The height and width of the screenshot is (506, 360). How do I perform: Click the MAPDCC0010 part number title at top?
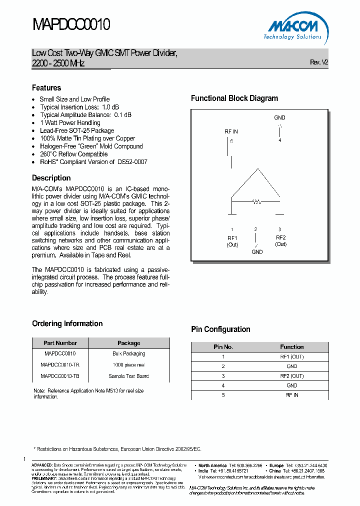tap(71, 25)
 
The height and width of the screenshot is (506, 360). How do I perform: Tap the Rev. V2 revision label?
tap(319, 62)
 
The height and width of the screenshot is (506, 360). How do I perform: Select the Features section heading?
tap(46, 87)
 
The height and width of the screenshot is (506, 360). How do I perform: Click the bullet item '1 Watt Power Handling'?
tap(70, 122)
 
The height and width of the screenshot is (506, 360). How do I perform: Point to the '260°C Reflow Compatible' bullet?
tap(73, 154)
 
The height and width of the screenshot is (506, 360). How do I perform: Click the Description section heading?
tap(51, 178)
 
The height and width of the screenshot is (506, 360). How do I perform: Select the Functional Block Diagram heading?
tap(234, 98)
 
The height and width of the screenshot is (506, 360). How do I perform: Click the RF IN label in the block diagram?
tap(231, 131)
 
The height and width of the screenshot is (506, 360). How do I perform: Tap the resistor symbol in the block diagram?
tap(256, 202)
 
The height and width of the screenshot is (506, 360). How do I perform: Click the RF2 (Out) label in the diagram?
tap(280, 241)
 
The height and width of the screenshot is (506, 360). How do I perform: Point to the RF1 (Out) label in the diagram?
tap(232, 241)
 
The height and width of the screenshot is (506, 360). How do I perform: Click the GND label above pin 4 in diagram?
tap(279, 118)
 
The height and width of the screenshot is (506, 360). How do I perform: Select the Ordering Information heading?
tap(67, 323)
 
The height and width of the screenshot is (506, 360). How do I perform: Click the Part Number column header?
tap(60, 343)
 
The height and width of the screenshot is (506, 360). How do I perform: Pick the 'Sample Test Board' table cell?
tap(128, 376)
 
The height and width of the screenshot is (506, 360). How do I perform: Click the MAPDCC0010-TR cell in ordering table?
tap(60, 364)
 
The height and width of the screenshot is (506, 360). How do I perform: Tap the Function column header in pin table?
tap(292, 346)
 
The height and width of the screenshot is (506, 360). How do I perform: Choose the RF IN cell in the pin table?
tap(292, 395)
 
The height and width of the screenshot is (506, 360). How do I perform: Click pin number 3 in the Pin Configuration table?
tap(223, 376)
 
